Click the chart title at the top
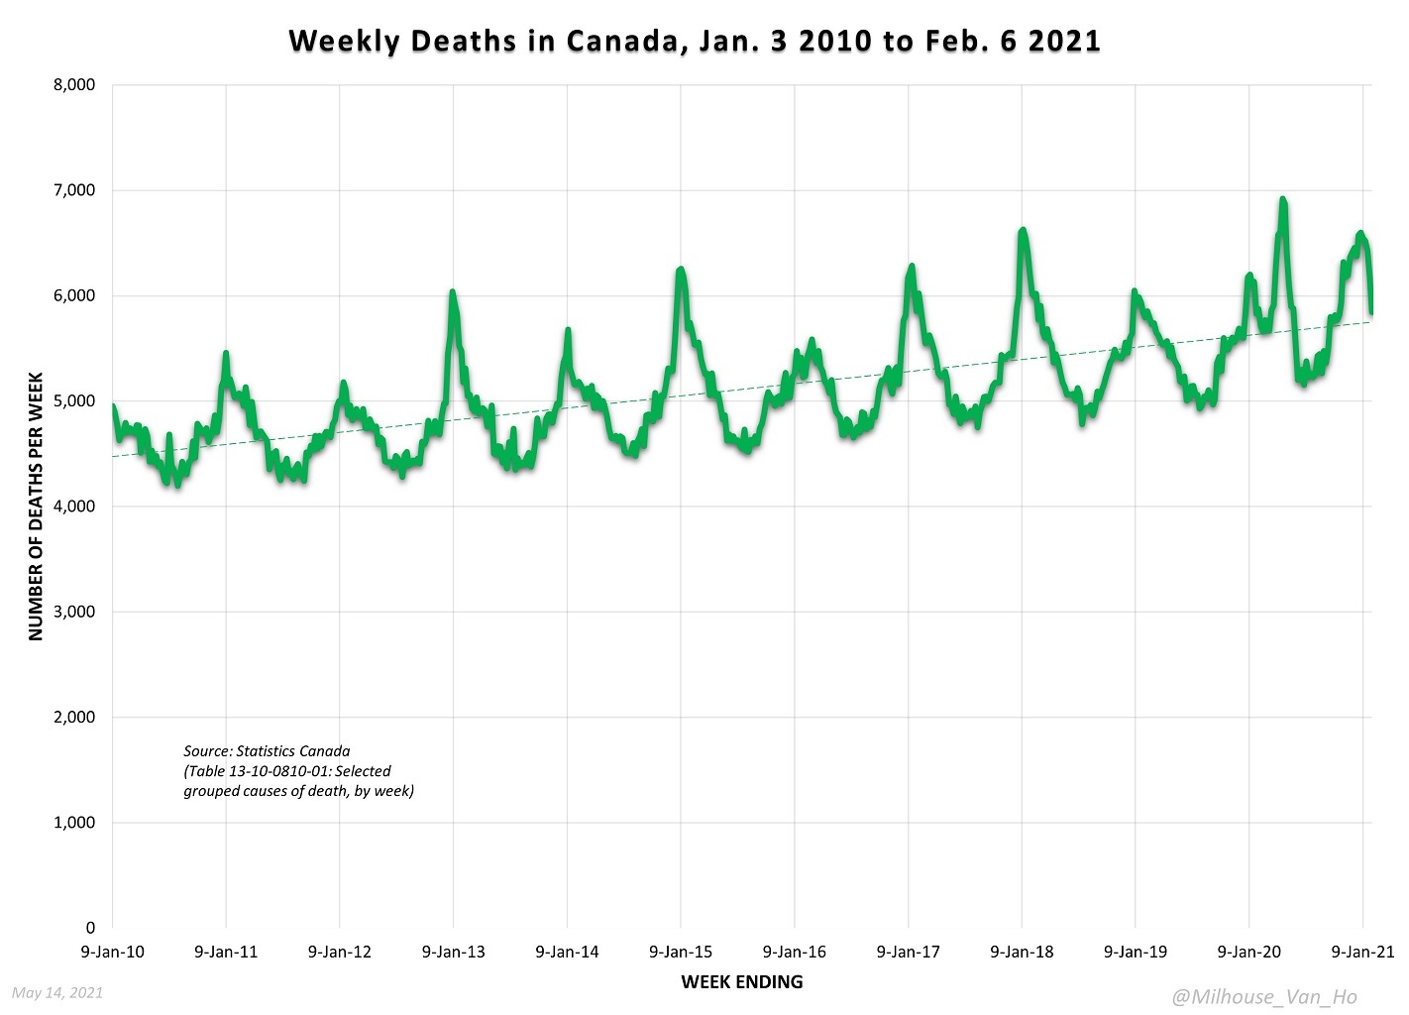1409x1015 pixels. tap(695, 41)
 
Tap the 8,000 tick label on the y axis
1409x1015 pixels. tap(74, 85)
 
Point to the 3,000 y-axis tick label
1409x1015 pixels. tap(74, 612)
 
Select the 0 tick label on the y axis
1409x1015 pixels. tap(90, 928)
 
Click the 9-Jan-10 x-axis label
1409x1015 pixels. tap(112, 952)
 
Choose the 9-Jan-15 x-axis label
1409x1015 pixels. tap(681, 952)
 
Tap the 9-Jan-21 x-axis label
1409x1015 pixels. tap(1362, 952)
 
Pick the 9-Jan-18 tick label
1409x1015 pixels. tap(1022, 952)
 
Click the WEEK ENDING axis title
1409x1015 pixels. tap(742, 982)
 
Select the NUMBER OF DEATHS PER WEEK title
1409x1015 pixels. tap(37, 507)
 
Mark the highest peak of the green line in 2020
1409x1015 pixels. tap(1282, 200)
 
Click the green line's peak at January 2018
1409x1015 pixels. tap(1023, 231)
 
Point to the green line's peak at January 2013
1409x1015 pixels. tap(453, 293)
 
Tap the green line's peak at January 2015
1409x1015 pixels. tap(681, 270)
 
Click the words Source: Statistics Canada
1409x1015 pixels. tap(267, 751)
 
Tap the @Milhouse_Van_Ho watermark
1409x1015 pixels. tap(1263, 997)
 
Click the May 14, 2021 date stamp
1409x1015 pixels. tap(57, 992)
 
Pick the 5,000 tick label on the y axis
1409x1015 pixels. tap(74, 401)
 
